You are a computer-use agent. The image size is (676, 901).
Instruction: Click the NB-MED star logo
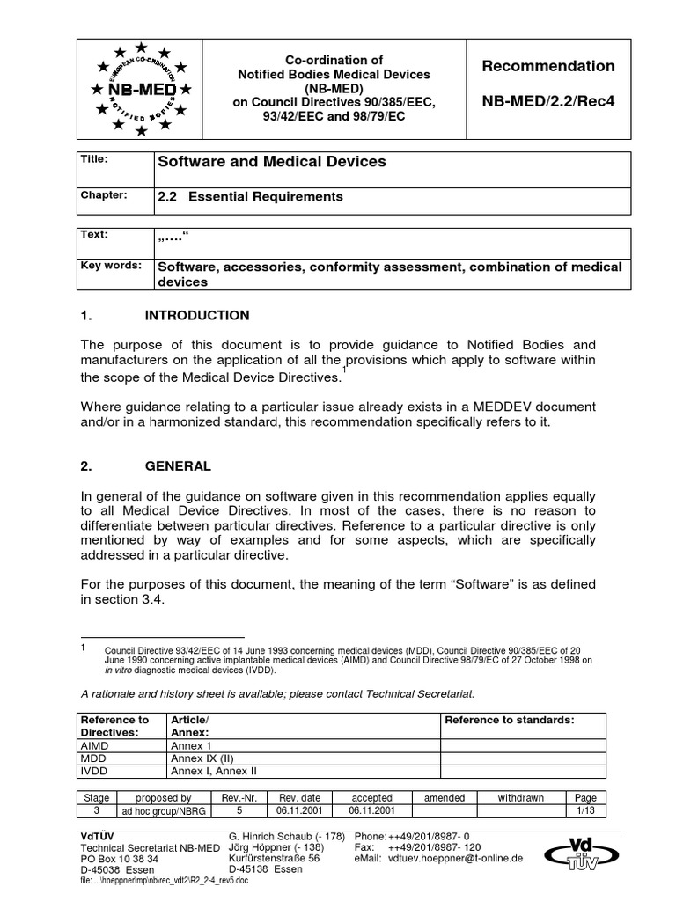pyautogui.click(x=141, y=89)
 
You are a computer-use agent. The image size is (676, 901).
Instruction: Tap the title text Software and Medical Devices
pyautogui.click(x=271, y=162)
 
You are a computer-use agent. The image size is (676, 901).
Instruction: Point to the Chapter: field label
pyautogui.click(x=105, y=194)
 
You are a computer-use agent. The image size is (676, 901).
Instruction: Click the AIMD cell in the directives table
pyautogui.click(x=95, y=745)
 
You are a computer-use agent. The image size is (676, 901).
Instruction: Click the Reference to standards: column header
pyautogui.click(x=510, y=720)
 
